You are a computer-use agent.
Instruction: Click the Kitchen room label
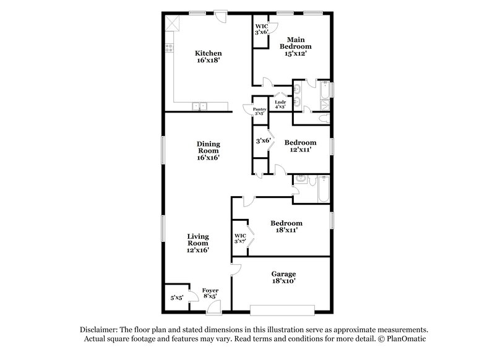pyautogui.click(x=208, y=53)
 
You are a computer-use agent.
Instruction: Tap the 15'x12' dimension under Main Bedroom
pyautogui.click(x=295, y=54)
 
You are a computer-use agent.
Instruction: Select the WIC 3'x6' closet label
pyautogui.click(x=262, y=29)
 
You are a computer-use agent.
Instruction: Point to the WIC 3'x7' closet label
pyautogui.click(x=240, y=238)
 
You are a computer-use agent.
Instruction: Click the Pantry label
pyautogui.click(x=259, y=111)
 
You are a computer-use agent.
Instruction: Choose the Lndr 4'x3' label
pyautogui.click(x=280, y=104)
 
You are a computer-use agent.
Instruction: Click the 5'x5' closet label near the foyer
pyautogui.click(x=176, y=298)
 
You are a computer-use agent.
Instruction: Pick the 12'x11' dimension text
pyautogui.click(x=297, y=150)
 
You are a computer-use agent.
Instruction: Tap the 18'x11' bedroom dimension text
pyautogui.click(x=286, y=230)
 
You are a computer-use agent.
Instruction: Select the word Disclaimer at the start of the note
pyautogui.click(x=100, y=330)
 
